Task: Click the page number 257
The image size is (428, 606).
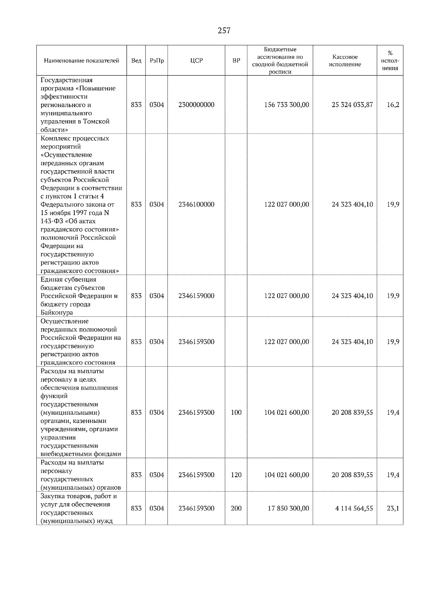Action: coord(224,31)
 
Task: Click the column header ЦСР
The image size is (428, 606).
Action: coord(196,61)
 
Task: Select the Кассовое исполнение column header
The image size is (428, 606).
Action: coord(345,61)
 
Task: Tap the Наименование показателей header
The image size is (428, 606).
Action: coord(81,61)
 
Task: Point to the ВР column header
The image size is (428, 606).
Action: coord(236,61)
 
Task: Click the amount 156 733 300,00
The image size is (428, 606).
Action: coord(286,105)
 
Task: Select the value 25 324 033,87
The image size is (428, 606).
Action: coord(352,105)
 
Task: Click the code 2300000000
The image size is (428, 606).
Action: coord(196,105)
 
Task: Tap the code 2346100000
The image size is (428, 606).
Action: coord(196,204)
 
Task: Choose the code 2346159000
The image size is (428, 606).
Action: coord(196,296)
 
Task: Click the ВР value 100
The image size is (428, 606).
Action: coord(236,413)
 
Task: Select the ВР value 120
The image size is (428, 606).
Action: coord(236,475)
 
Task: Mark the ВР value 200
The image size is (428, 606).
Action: coord(236,508)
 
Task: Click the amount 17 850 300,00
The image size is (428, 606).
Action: coord(288,508)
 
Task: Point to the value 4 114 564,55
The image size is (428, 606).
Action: coord(354,508)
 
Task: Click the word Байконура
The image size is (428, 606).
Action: coord(57,313)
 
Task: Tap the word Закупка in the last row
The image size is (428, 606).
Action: coord(53,496)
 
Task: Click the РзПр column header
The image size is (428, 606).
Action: coord(157,61)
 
